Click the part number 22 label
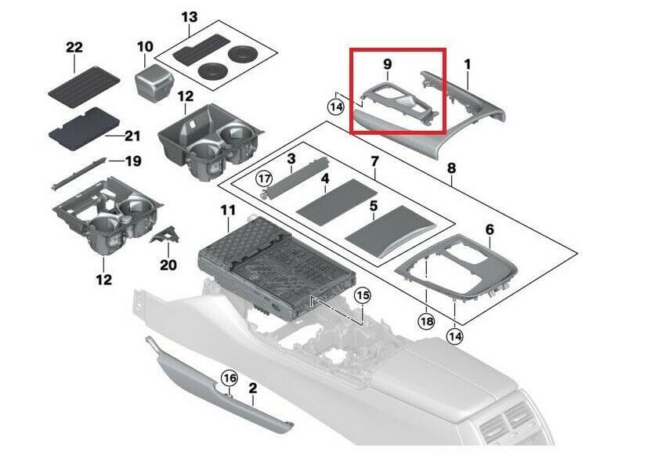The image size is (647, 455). coord(74,48)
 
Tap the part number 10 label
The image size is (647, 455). coord(145,47)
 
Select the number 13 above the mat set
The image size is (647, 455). coord(190,17)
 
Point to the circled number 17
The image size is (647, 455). coord(264,179)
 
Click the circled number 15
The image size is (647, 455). coord(363,295)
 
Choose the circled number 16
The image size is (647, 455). coord(230,377)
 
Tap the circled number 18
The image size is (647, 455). coord(426,320)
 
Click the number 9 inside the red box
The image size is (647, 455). coord(387,64)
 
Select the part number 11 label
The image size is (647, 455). coord(228,211)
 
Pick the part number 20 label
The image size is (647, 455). coord(168,265)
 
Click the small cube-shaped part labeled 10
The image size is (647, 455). coord(153,81)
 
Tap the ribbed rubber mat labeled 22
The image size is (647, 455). coord(84,86)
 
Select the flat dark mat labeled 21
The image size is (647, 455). coord(84,128)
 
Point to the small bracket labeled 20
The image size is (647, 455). coord(164,235)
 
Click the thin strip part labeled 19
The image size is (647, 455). coord(78,173)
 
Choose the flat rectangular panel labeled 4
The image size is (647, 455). coord(337,200)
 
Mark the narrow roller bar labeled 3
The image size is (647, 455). coord(295,179)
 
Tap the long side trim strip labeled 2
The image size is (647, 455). coord(219,388)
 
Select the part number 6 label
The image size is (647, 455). coord(490,229)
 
